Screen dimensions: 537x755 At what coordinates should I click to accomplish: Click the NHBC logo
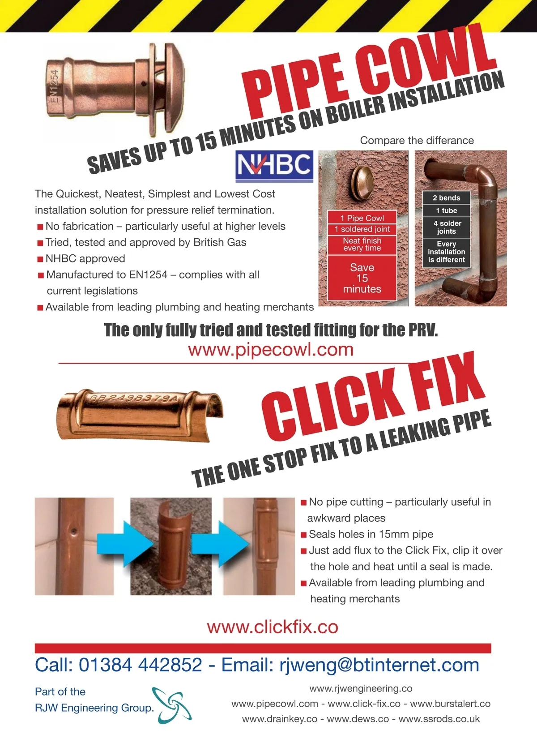tap(274, 166)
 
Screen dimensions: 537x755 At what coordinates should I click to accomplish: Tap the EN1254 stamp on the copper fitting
tap(54, 86)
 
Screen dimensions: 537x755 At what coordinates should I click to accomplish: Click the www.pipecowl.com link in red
tap(271, 350)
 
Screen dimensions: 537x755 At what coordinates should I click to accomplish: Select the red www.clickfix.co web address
tap(273, 627)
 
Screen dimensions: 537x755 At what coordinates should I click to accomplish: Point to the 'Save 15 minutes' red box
tap(362, 278)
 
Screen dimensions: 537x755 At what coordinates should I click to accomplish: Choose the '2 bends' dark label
tap(446, 198)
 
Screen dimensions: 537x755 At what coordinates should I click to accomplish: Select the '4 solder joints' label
tap(446, 227)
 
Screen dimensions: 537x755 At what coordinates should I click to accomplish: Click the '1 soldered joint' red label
tap(362, 229)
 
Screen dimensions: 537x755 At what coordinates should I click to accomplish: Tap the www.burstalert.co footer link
tap(450, 704)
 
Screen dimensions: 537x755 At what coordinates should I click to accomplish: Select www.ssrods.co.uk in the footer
tap(439, 719)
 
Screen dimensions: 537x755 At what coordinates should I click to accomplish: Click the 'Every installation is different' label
tap(446, 252)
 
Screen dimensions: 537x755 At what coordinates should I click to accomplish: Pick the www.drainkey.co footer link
tap(280, 719)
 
